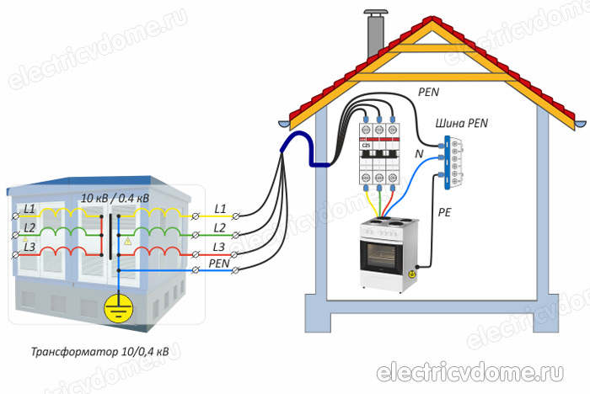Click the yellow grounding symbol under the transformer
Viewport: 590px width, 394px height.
coord(117,309)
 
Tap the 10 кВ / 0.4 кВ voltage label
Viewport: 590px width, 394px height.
coord(115,197)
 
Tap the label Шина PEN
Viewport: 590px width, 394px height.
coord(461,123)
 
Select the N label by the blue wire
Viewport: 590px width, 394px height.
coord(419,155)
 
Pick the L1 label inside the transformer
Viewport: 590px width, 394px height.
coord(29,208)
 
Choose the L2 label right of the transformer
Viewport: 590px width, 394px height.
coord(220,228)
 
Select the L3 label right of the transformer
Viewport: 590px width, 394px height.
coord(219,246)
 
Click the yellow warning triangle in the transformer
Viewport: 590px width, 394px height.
coord(127,241)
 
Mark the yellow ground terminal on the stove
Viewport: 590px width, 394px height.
coord(412,274)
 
